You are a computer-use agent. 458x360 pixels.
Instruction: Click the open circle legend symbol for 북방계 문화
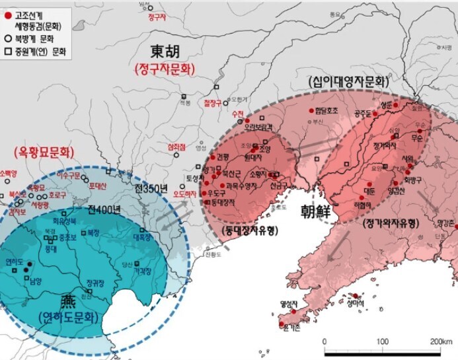pyautogui.click(x=8, y=38)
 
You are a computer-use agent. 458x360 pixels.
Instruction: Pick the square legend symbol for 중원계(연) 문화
pyautogui.click(x=8, y=50)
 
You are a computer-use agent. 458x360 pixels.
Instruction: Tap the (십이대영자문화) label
pyautogui.click(x=348, y=82)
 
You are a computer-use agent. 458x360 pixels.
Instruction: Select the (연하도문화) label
pyautogui.click(x=68, y=317)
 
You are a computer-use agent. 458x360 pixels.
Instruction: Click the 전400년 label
pyautogui.click(x=104, y=211)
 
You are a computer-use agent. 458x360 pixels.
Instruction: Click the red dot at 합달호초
pyautogui.click(x=311, y=111)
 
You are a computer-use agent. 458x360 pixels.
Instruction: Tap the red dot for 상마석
pyautogui.click(x=355, y=296)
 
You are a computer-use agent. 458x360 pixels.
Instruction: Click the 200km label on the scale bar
pyautogui.click(x=439, y=341)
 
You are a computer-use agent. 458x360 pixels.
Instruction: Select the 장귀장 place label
pyautogui.click(x=96, y=283)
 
